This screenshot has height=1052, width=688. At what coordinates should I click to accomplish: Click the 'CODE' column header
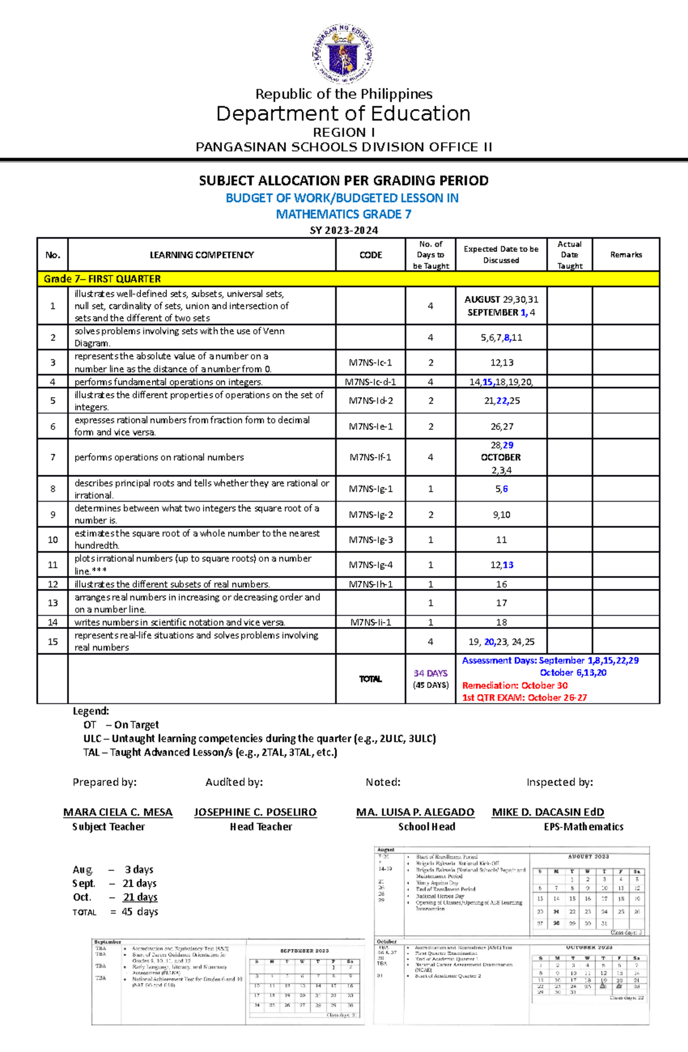tap(370, 255)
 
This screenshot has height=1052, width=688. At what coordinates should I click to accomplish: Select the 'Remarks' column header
tap(626, 255)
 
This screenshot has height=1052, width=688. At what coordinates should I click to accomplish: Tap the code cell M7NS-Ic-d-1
tap(370, 382)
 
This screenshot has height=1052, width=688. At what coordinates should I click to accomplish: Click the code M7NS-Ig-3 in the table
tap(371, 540)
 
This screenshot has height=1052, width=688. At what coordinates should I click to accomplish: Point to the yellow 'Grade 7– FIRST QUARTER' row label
tap(102, 279)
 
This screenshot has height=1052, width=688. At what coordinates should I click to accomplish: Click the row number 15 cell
tap(53, 642)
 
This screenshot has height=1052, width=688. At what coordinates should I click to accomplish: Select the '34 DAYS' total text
tap(430, 674)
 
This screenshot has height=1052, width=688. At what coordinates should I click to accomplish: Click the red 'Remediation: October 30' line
tap(514, 686)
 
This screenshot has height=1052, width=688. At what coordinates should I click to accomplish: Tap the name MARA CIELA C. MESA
tap(118, 812)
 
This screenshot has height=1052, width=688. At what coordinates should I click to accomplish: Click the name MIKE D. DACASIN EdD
tap(548, 812)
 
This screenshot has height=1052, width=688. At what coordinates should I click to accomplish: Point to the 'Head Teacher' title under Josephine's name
tap(261, 827)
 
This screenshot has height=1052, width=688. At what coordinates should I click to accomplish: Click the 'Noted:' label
tap(383, 783)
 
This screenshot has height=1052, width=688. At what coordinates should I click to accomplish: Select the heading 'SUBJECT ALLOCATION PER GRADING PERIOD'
tap(343, 181)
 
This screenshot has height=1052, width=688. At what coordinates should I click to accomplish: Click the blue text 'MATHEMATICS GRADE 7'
tap(343, 214)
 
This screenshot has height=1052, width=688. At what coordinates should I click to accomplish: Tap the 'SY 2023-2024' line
tap(343, 230)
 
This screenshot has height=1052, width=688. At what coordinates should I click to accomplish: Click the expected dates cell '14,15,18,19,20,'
tap(501, 382)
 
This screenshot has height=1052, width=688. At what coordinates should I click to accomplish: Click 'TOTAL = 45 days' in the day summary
tap(115, 912)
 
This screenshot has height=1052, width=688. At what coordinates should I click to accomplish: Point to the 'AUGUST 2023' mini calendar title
tap(588, 857)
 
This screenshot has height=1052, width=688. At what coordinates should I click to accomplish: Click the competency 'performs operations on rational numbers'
tap(159, 457)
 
